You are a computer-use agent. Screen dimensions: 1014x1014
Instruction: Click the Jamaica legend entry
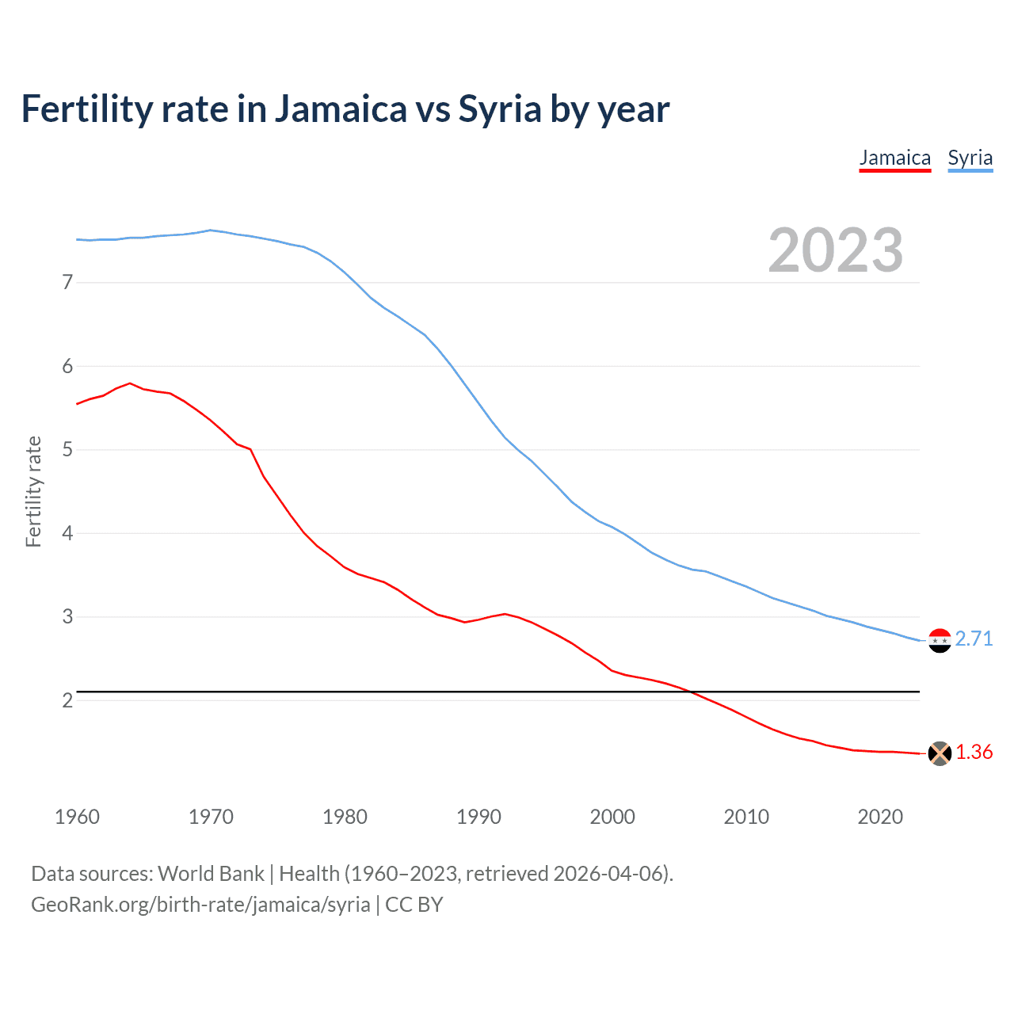point(894,158)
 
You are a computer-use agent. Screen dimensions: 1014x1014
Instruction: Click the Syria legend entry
point(970,158)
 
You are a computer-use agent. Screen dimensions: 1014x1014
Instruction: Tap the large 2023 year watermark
point(835,250)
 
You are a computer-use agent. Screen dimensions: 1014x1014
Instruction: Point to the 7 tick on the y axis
point(67,282)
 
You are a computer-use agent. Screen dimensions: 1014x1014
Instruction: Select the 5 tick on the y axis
point(67,450)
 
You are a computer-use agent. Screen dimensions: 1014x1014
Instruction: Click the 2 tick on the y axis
point(67,700)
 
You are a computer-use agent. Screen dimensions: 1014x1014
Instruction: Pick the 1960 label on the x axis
point(77,817)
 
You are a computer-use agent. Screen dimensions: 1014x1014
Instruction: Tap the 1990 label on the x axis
point(478,817)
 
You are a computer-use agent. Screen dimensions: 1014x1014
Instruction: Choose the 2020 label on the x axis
point(880,817)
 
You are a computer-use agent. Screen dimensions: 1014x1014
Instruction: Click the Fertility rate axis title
point(33,491)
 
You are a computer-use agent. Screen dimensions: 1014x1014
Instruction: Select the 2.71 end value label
point(974,639)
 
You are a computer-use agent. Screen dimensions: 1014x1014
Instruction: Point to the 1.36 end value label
point(974,752)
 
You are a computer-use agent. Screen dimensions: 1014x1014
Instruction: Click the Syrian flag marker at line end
point(940,640)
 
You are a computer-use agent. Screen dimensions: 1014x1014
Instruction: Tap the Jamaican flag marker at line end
point(940,753)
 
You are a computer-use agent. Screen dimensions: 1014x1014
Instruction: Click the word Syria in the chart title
point(500,109)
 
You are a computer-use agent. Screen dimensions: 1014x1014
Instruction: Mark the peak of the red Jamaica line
point(130,383)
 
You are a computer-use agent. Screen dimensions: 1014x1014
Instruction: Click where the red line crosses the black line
point(691,692)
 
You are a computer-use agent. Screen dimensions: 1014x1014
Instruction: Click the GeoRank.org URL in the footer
point(200,905)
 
